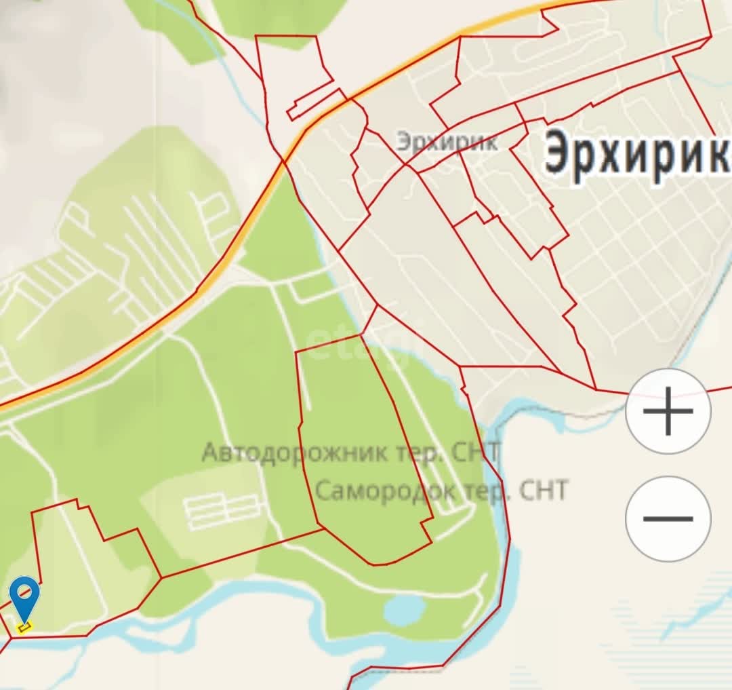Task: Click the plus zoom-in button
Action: point(668,411)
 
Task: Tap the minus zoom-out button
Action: point(668,519)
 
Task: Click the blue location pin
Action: point(24,598)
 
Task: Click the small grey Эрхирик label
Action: point(447,142)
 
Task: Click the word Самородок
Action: point(386,490)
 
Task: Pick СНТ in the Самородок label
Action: point(542,490)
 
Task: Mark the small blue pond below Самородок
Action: point(405,609)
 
